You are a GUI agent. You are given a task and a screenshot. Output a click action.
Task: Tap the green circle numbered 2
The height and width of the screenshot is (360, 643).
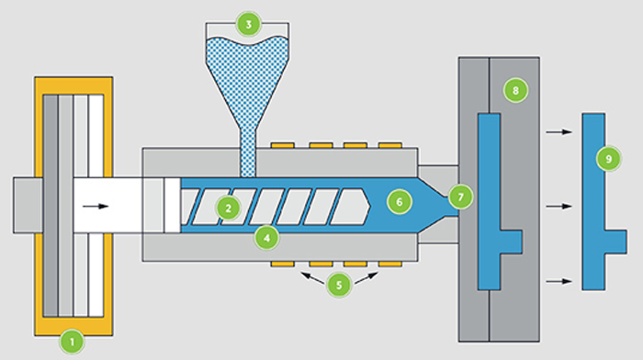[x=227, y=208]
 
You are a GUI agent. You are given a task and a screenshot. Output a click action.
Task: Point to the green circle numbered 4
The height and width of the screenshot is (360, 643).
[x=266, y=238]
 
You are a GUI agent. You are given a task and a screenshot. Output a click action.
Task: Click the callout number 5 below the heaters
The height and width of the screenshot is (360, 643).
[x=339, y=285]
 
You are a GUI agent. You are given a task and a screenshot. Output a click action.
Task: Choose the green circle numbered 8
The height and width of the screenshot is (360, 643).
[x=515, y=90]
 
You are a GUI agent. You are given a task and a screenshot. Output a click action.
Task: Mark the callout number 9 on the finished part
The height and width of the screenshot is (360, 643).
[x=606, y=159]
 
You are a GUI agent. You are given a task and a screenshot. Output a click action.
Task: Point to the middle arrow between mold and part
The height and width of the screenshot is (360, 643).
[x=556, y=207]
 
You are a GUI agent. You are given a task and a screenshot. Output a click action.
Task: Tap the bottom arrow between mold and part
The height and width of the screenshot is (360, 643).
[x=556, y=281]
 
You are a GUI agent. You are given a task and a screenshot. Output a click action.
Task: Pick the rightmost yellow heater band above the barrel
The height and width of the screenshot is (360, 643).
[x=390, y=145]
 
